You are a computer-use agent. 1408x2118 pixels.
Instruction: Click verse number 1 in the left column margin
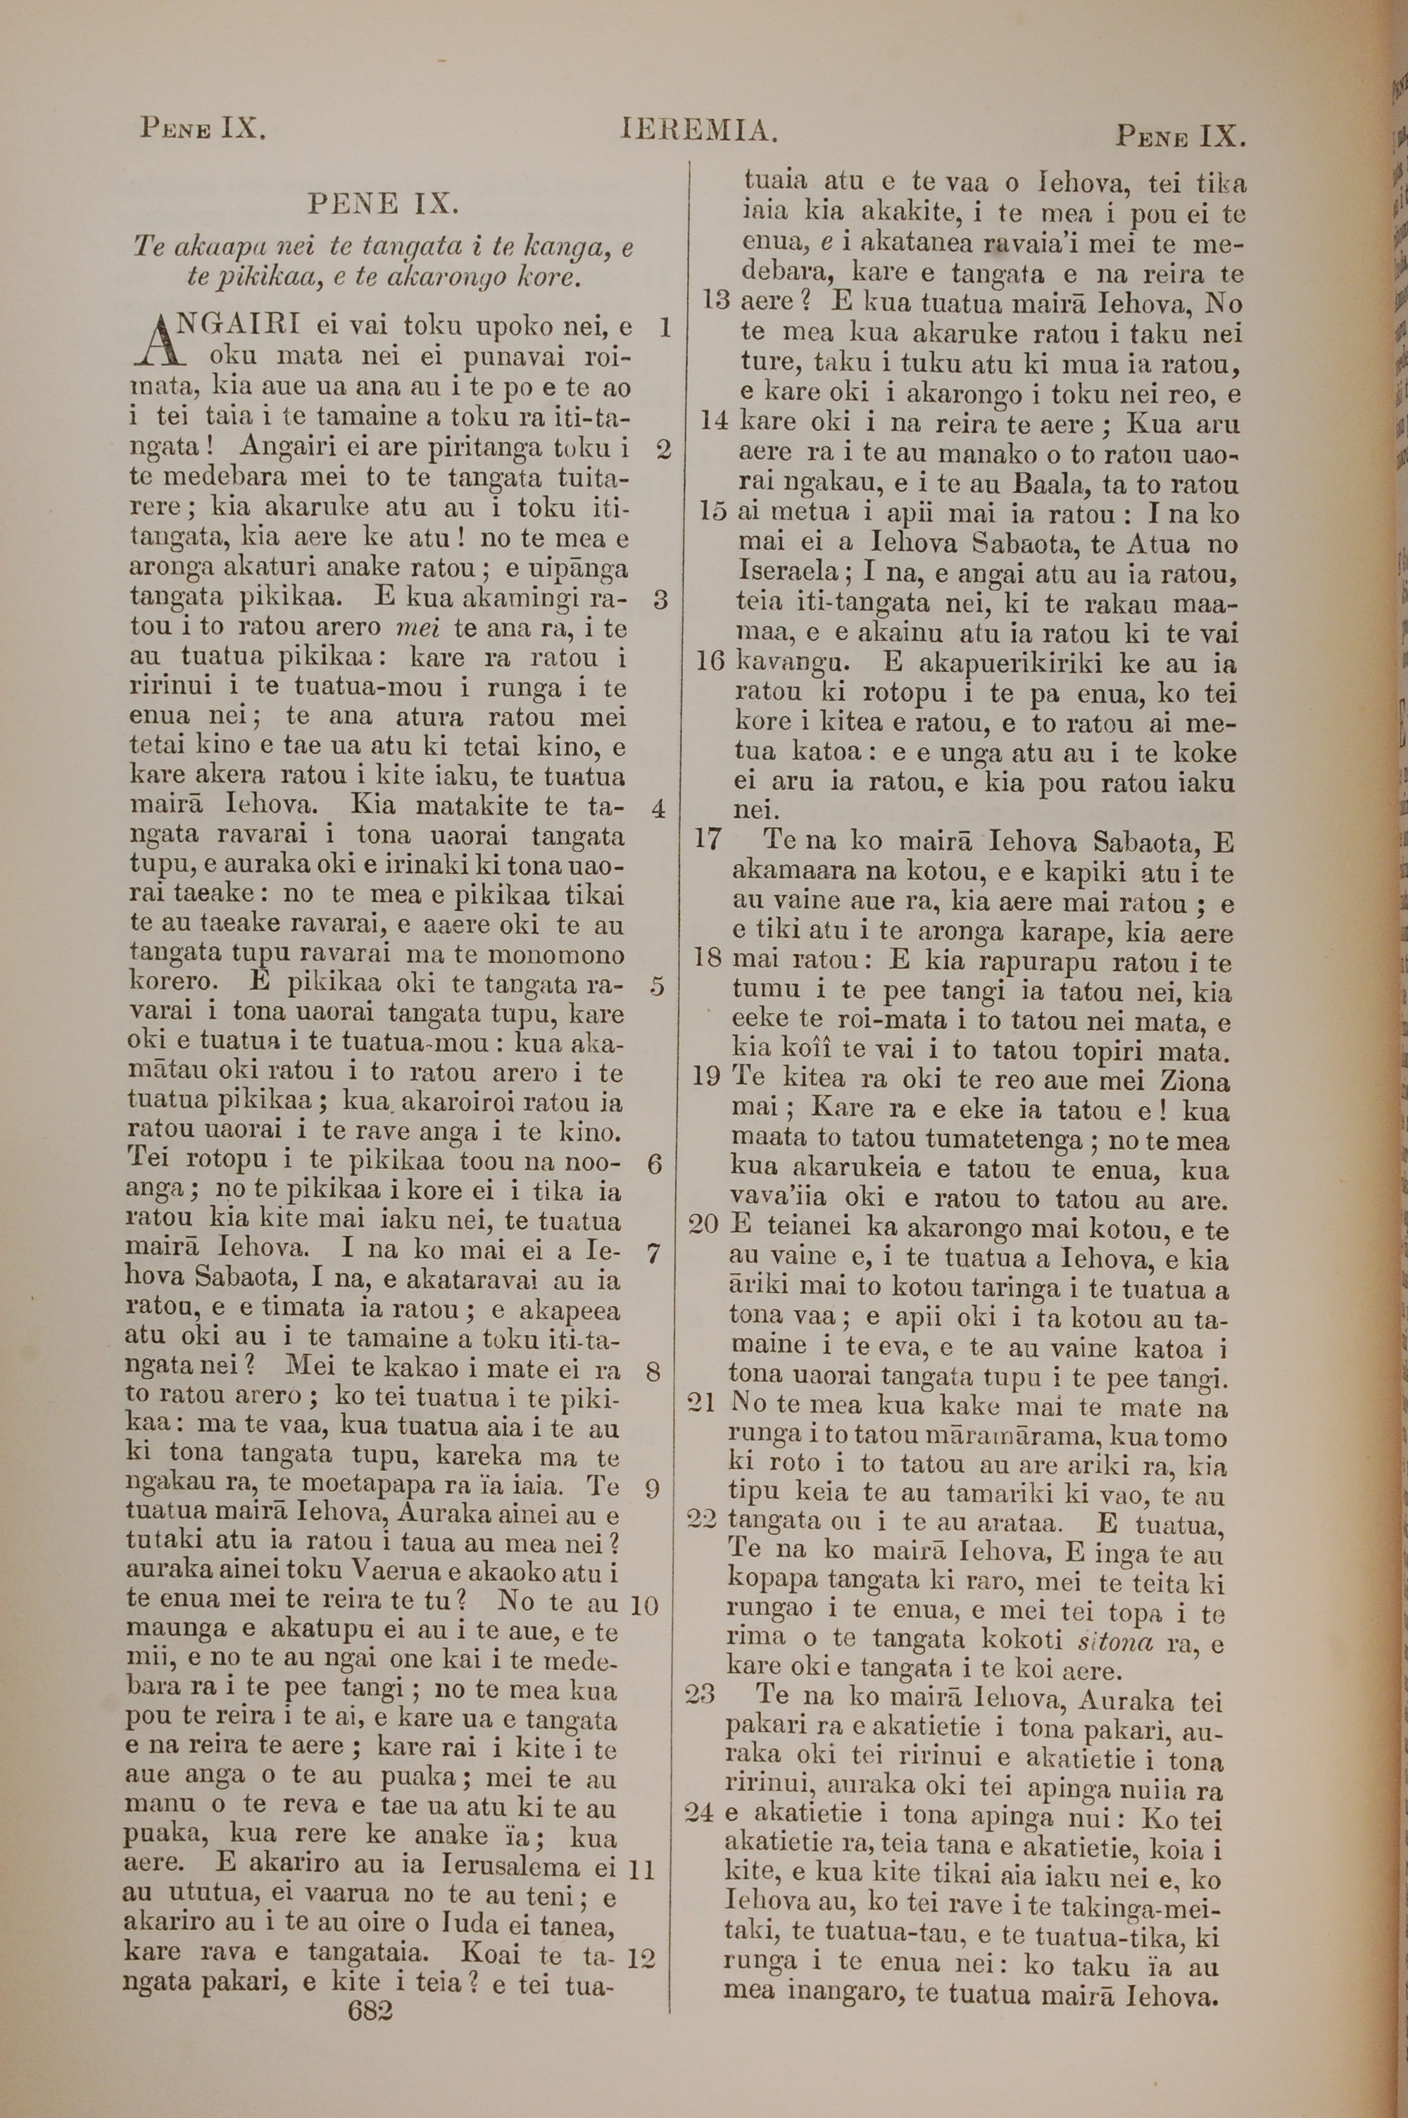click(x=665, y=327)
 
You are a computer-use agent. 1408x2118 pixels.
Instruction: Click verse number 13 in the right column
click(x=715, y=301)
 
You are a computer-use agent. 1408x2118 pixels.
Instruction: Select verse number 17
click(x=708, y=841)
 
